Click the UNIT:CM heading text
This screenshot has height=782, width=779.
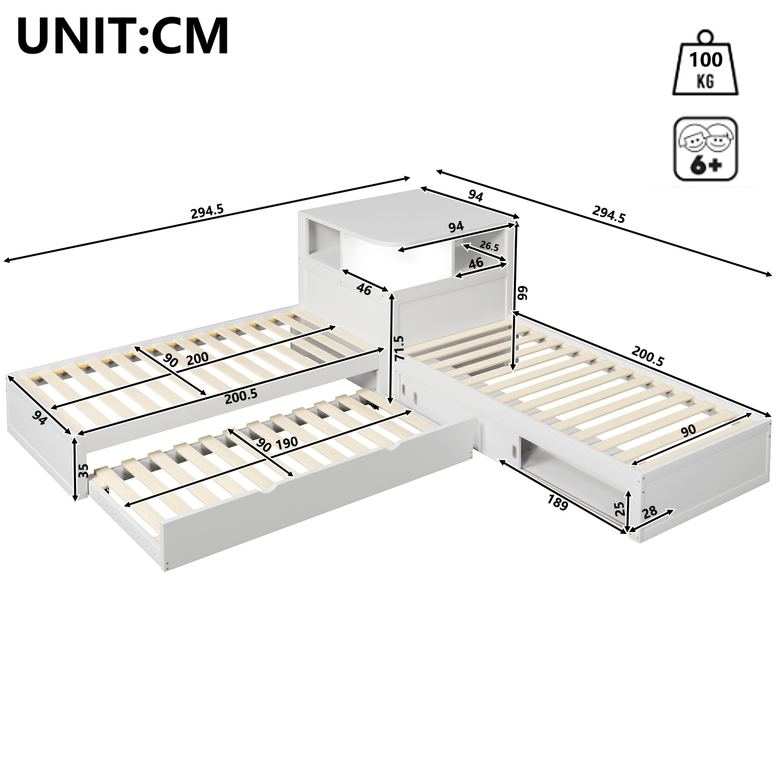point(123,36)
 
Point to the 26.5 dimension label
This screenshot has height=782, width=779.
point(489,246)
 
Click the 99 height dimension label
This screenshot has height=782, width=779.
point(523,293)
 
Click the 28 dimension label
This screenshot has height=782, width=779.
point(649,512)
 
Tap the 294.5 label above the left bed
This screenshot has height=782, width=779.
point(207,211)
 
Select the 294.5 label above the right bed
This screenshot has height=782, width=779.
point(609,214)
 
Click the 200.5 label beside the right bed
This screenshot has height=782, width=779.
point(648,358)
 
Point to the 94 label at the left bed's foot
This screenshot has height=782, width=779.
point(40,417)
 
